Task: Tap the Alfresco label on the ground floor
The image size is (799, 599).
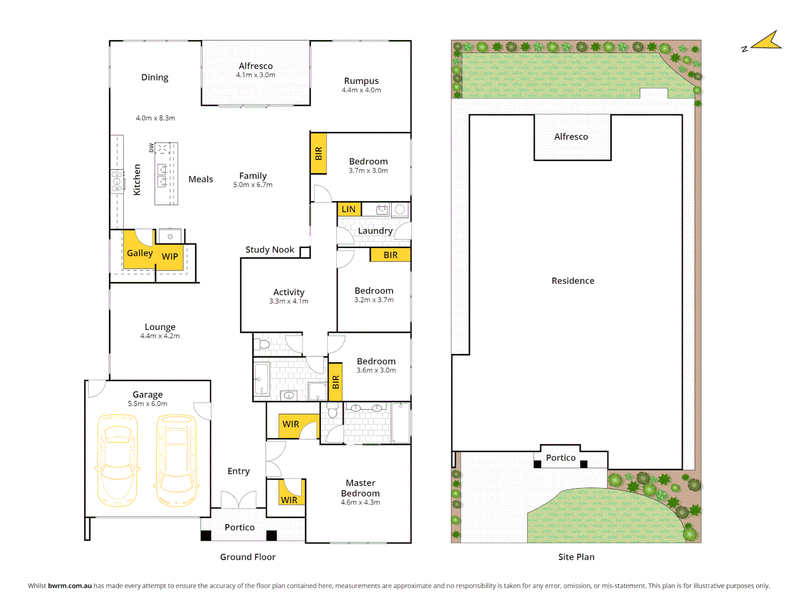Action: [256, 66]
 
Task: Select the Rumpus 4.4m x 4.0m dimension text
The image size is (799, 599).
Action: [361, 90]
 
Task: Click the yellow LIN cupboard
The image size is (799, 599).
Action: [349, 209]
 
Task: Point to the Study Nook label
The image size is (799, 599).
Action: [270, 250]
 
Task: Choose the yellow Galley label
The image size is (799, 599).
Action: [139, 253]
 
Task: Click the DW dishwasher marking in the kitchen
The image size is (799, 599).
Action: [151, 148]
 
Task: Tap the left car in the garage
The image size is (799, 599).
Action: [117, 460]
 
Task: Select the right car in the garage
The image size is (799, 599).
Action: [177, 460]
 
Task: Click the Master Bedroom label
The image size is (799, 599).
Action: [361, 488]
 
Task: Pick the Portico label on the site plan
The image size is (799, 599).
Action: [560, 458]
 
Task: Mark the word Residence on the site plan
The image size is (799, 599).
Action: [573, 281]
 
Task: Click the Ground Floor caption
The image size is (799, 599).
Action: [247, 557]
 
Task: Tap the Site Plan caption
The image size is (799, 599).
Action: [576, 557]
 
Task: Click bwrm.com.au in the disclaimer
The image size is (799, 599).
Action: [70, 586]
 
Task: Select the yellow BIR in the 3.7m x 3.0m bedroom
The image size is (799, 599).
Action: [318, 154]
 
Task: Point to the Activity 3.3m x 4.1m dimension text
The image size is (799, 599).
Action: [289, 301]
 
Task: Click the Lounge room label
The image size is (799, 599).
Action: [160, 327]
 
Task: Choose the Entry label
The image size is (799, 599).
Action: [239, 471]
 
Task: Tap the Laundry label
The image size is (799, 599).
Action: [375, 231]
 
